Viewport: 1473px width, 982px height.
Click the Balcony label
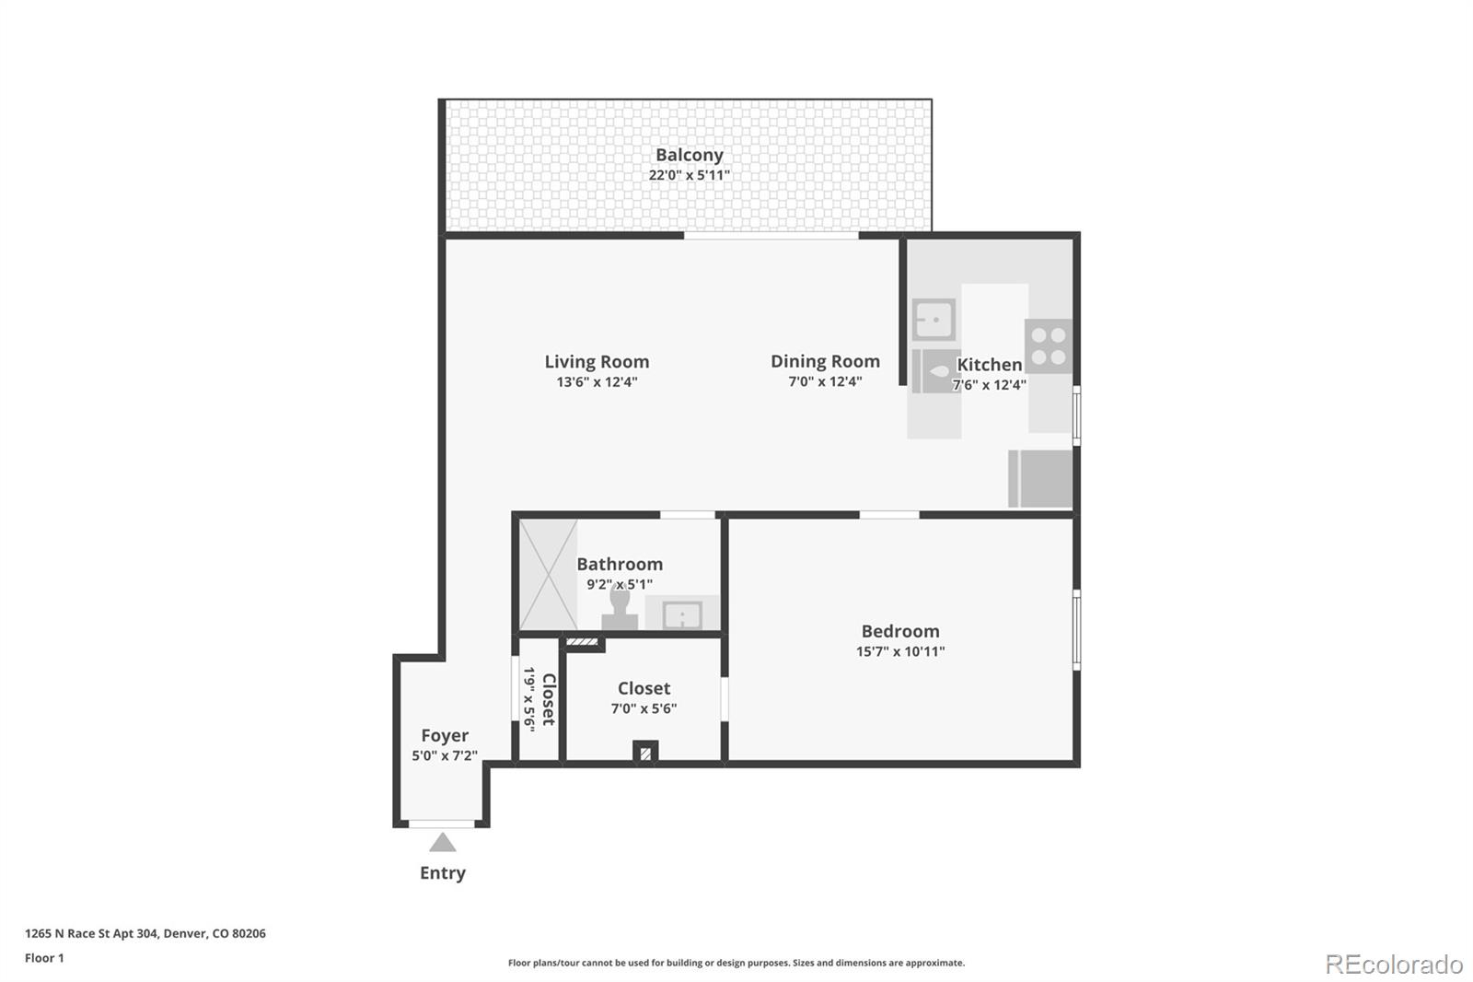689,155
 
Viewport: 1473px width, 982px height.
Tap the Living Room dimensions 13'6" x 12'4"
597,382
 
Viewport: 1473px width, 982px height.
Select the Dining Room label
825,361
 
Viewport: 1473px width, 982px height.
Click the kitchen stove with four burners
1049,346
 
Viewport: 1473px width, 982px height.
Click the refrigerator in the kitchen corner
1041,478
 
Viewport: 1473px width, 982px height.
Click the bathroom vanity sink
682,614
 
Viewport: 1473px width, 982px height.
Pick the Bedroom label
900,631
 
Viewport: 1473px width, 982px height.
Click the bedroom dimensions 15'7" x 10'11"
900,651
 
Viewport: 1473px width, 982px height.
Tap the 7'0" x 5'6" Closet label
644,688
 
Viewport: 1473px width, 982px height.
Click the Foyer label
445,735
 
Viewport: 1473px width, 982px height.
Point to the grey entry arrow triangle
443,843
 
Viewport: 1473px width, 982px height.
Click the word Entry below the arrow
443,872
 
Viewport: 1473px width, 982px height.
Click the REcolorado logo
1394,964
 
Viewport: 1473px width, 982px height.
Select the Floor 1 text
44,958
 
